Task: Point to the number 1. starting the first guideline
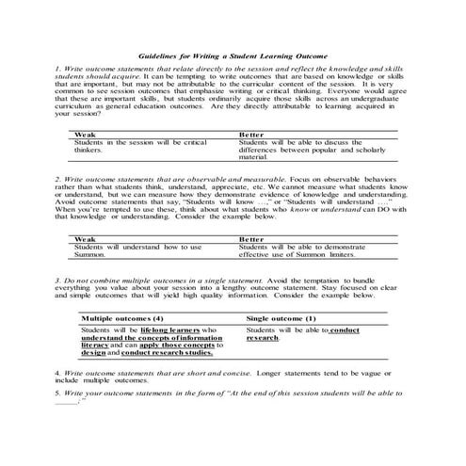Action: pyautogui.click(x=57, y=70)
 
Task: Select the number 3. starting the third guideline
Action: pyautogui.click(x=57, y=281)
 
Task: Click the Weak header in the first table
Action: pyautogui.click(x=85, y=135)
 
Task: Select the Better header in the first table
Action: pyautogui.click(x=249, y=135)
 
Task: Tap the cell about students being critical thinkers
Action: pyautogui.click(x=132, y=146)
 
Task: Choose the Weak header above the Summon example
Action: pyautogui.click(x=85, y=239)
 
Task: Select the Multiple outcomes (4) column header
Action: pyautogui.click(x=128, y=319)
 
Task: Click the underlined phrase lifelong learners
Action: pyautogui.click(x=178, y=331)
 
